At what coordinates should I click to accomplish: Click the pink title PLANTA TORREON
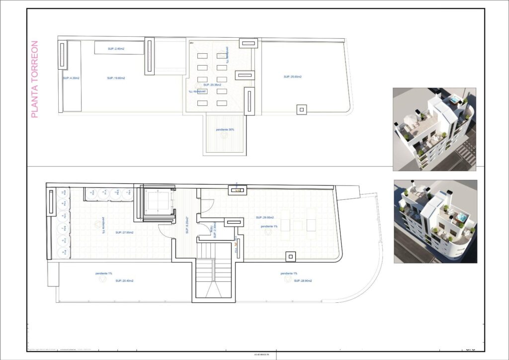(34, 80)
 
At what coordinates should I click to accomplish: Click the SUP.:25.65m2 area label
(293, 77)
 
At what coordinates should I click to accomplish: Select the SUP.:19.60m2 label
(116, 78)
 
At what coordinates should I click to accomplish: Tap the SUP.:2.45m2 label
(115, 49)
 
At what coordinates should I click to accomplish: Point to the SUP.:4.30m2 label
(71, 78)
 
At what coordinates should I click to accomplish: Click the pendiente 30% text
(225, 129)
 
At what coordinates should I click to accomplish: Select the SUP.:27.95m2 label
(124, 232)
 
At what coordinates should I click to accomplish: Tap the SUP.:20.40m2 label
(124, 281)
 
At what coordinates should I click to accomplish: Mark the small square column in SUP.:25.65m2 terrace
(301, 109)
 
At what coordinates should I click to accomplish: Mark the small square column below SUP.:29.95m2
(290, 256)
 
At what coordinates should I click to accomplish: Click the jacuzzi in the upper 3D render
(454, 100)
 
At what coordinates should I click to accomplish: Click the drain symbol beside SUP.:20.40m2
(102, 280)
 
